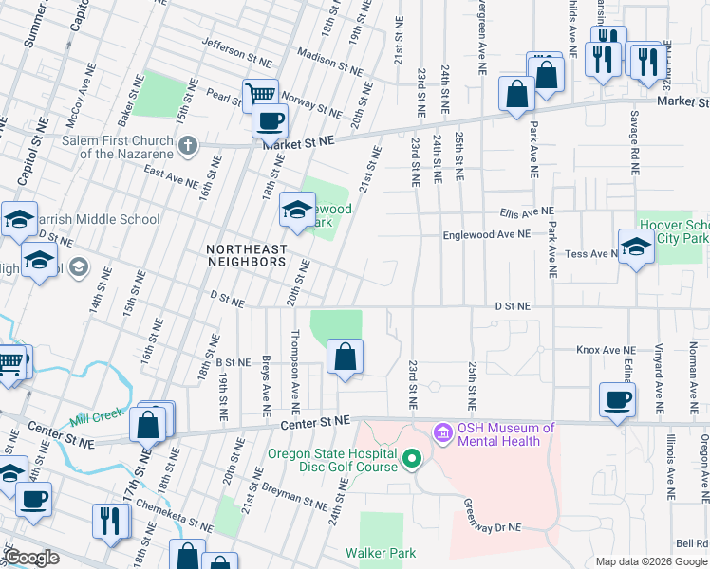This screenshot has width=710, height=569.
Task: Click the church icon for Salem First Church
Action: tap(188, 145)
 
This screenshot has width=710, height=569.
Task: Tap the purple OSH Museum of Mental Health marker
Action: tap(441, 434)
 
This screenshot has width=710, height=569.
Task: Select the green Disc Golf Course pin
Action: tap(411, 460)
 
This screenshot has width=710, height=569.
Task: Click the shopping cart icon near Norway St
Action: tap(259, 94)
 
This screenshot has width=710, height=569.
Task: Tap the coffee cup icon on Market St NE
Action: tap(270, 120)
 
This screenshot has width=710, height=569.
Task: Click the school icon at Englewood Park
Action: tap(297, 210)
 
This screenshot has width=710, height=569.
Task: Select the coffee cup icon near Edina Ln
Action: tap(617, 398)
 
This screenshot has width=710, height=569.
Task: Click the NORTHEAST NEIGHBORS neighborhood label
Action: tap(246, 249)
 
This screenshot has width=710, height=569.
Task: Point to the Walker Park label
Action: tap(381, 553)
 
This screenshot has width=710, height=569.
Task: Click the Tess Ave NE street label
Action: tap(587, 254)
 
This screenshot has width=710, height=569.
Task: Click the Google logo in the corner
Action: tap(32, 558)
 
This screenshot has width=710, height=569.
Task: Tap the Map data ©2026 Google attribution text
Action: tap(651, 561)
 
